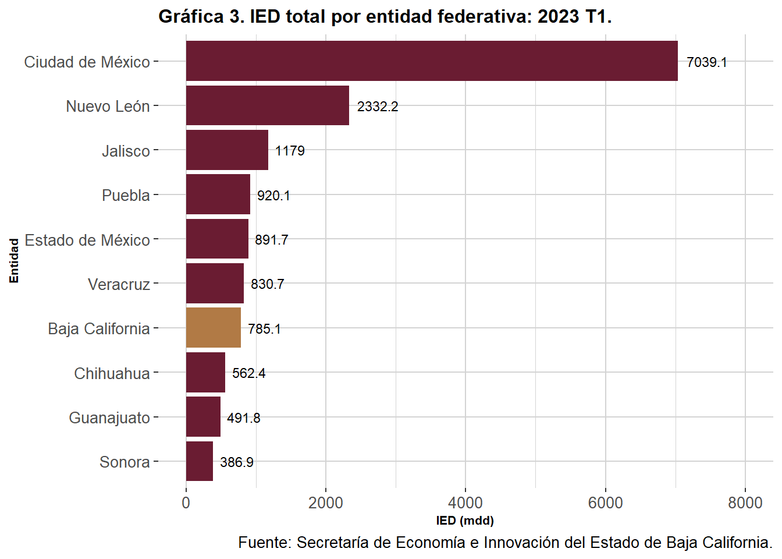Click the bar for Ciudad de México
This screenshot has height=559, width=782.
coord(432,61)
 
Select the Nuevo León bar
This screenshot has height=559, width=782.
coord(267,105)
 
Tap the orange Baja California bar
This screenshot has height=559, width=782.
coord(213,328)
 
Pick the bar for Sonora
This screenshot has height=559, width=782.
coord(199,461)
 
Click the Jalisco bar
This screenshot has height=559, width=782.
coord(227,150)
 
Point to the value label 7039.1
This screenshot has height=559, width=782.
coord(706,62)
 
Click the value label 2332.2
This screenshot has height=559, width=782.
coord(378,107)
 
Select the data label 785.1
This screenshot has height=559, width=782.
coord(264,329)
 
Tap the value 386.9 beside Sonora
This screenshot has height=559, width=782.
coord(237,462)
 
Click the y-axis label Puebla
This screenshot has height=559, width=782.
coord(126,195)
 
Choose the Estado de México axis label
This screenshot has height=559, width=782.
coord(87,240)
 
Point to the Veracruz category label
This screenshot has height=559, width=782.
coord(119,284)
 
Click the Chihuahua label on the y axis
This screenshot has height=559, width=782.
coord(112,373)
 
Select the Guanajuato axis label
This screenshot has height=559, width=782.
coord(109,418)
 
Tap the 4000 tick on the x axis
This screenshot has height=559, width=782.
coord(465,503)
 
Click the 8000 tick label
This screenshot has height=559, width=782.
coord(745,503)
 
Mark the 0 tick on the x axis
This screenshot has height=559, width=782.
coord(186,503)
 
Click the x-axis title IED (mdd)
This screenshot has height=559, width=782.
coord(464,521)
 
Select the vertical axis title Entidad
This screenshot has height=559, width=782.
coord(14,261)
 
